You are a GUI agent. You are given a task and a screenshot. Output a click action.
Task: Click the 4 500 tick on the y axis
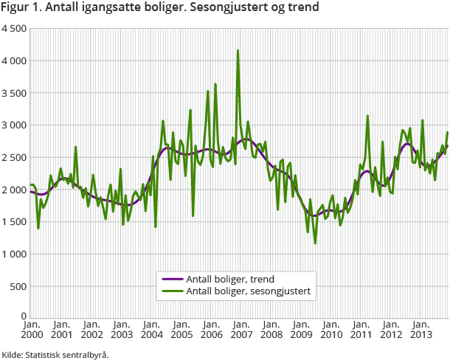(14, 28)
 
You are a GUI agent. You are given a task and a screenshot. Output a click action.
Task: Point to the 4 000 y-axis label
(14, 60)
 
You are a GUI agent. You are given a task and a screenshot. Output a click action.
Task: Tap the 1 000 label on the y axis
(14, 254)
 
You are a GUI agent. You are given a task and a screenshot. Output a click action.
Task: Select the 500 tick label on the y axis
(17, 286)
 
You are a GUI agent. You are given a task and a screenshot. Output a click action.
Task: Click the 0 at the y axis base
(23, 318)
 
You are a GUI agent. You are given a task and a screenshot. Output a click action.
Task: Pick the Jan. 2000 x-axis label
(31, 330)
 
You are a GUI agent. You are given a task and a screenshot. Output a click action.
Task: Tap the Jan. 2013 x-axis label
(421, 330)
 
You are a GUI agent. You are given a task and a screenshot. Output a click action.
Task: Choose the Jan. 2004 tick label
(151, 330)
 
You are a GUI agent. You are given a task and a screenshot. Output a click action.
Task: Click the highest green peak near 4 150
(238, 51)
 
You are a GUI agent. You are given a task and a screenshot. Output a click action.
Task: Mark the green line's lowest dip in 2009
(315, 243)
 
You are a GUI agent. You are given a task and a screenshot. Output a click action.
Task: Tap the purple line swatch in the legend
(171, 279)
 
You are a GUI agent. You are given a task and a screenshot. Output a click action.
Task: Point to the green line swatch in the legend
(171, 291)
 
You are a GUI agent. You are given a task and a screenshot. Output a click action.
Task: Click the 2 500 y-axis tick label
(14, 157)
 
